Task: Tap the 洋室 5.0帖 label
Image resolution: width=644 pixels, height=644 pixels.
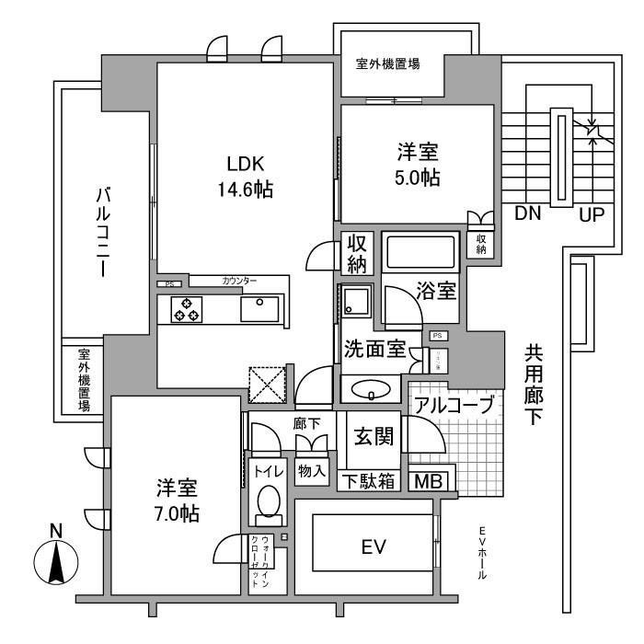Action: point(417,165)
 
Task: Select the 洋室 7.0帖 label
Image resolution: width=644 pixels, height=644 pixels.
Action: point(176,500)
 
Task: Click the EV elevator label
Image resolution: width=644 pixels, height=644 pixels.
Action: point(372,547)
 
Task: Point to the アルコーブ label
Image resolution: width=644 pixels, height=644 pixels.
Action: point(453,405)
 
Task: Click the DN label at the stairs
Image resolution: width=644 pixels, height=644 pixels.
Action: point(527,214)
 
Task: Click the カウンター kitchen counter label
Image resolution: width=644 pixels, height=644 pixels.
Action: point(239,281)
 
